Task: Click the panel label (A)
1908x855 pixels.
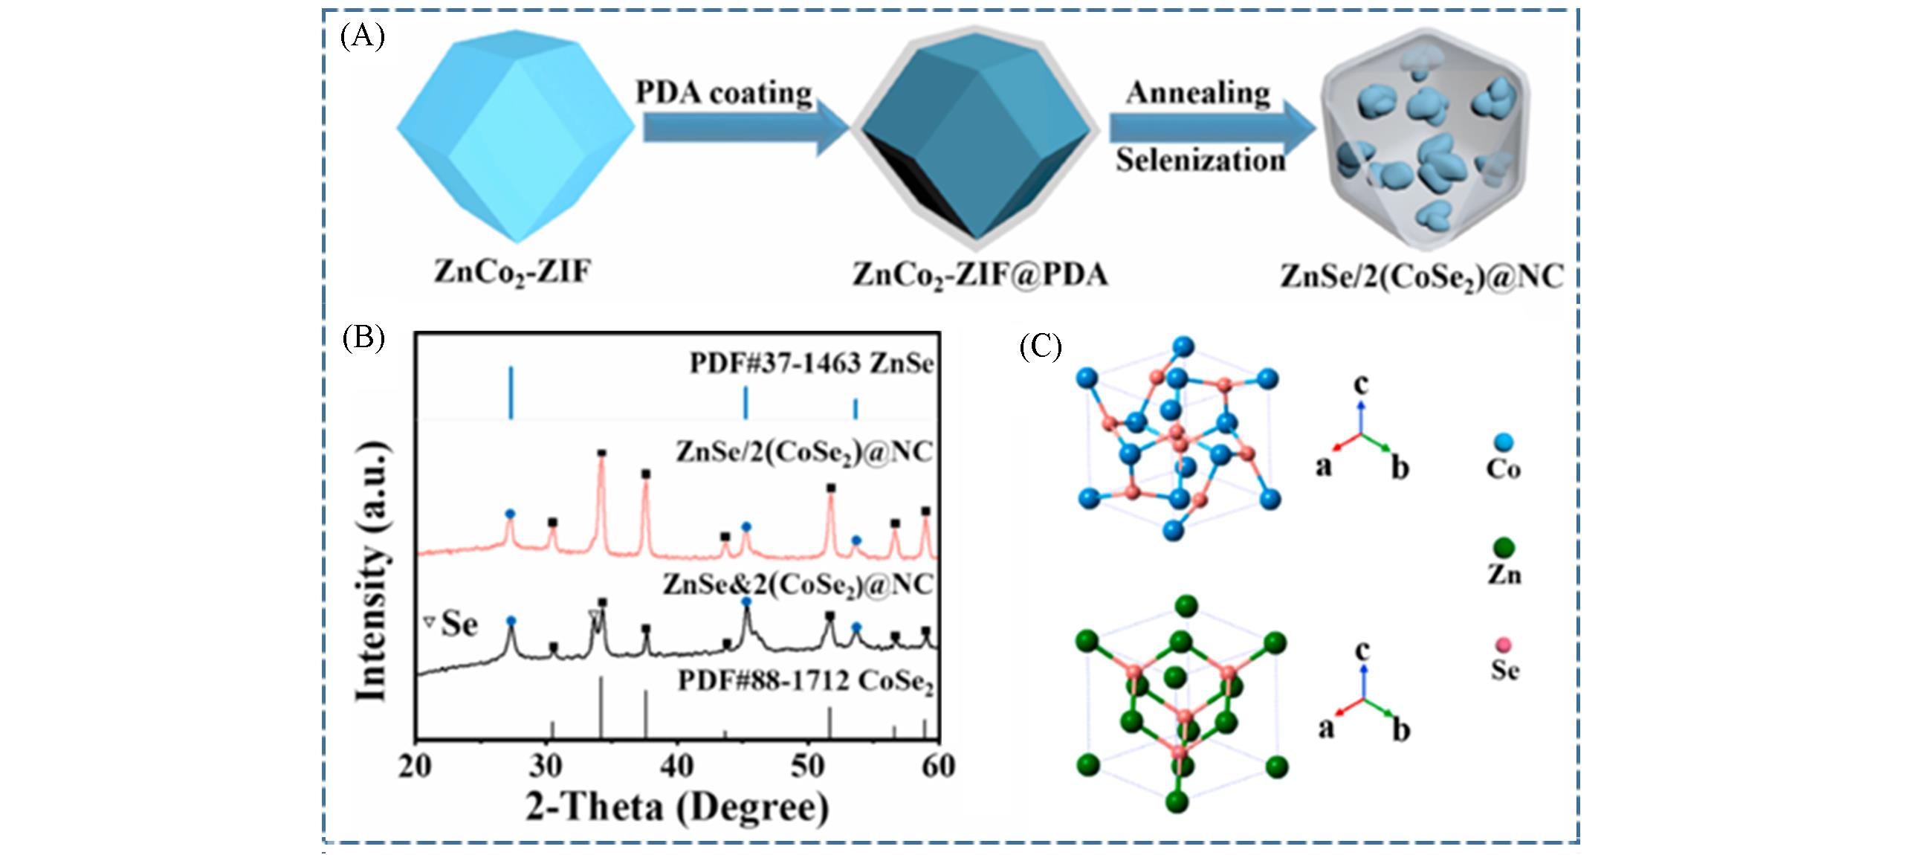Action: pyautogui.click(x=362, y=36)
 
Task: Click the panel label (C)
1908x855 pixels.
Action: pyautogui.click(x=1041, y=346)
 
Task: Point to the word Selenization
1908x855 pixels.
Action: pyautogui.click(x=1200, y=160)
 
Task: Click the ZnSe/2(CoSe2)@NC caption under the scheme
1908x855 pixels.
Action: pyautogui.click(x=1420, y=277)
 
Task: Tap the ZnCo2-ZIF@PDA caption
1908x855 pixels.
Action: pyautogui.click(x=980, y=276)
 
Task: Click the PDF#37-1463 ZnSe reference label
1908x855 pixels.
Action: pyautogui.click(x=811, y=364)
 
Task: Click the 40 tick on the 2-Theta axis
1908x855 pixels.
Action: pyautogui.click(x=676, y=766)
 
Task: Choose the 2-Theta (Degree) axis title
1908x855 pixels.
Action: pyautogui.click(x=676, y=807)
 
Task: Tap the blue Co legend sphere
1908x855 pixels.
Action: pyautogui.click(x=1503, y=443)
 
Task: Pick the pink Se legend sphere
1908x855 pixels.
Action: pyautogui.click(x=1503, y=645)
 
